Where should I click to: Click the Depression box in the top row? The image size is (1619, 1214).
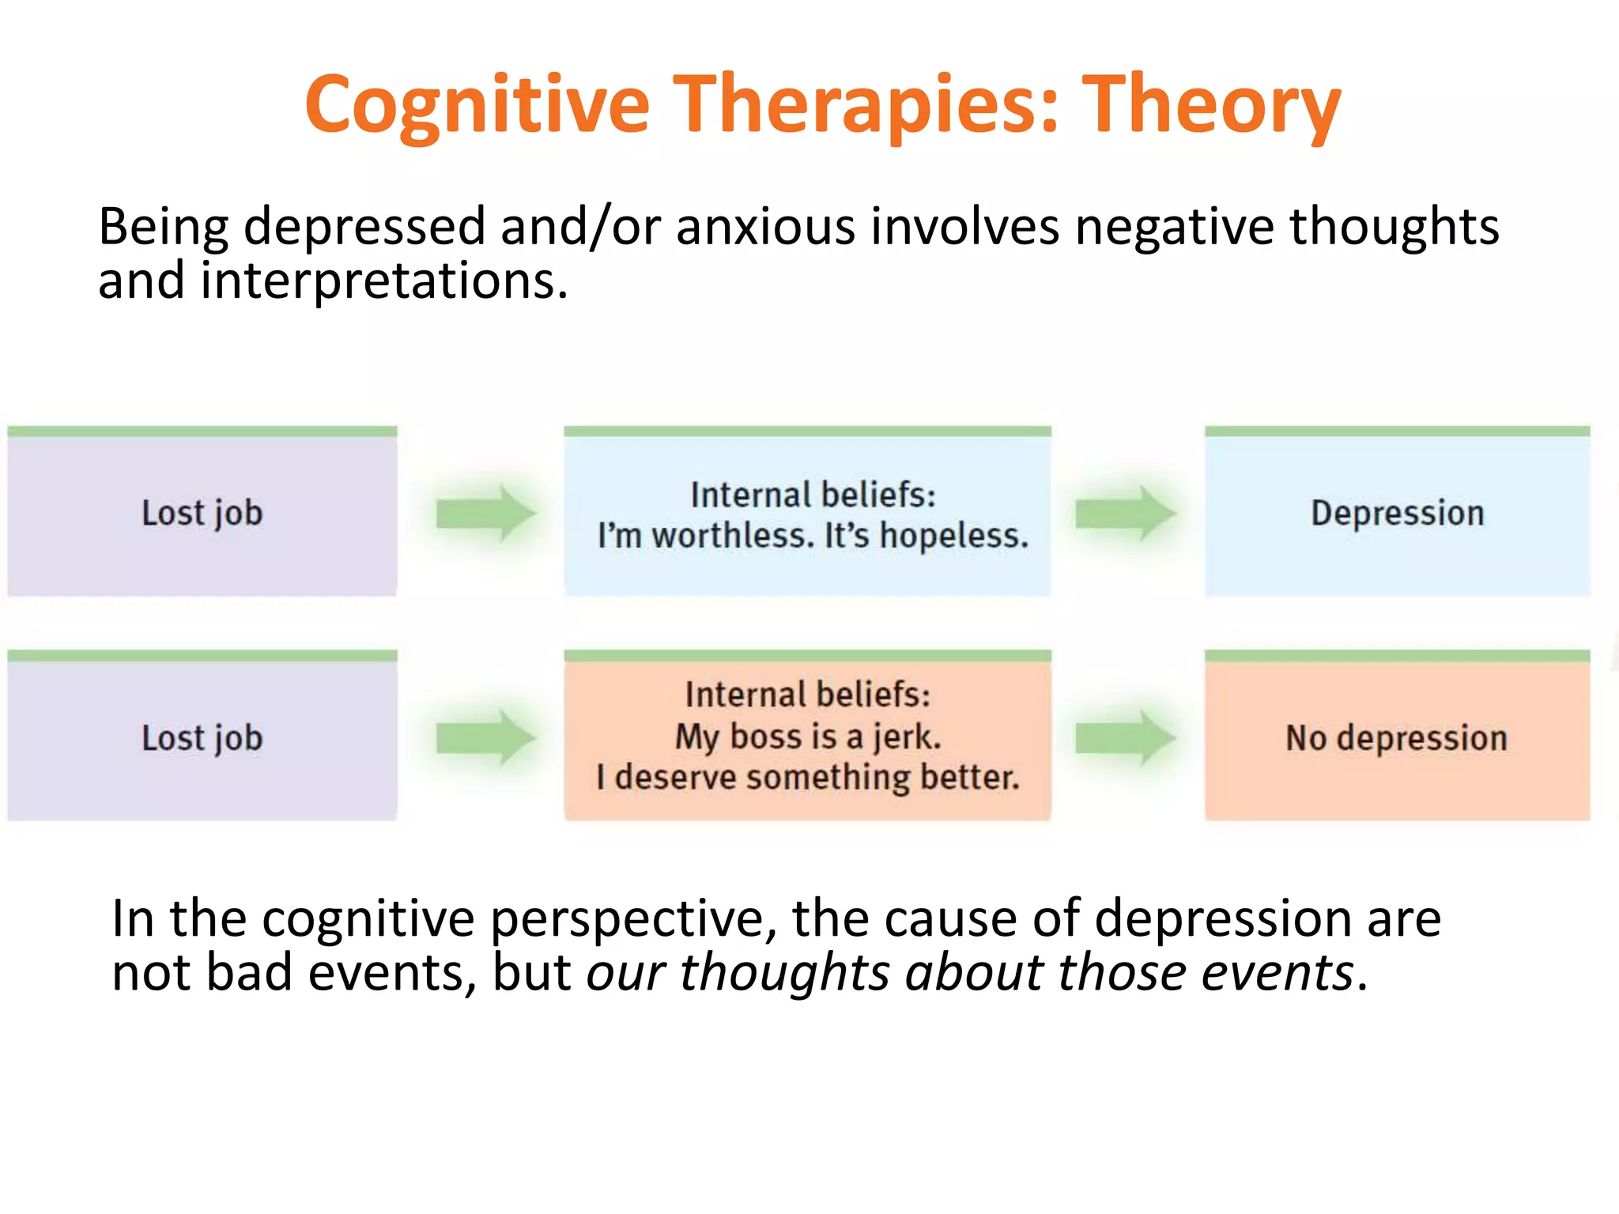pyautogui.click(x=1397, y=513)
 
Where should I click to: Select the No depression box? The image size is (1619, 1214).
pyautogui.click(x=1397, y=737)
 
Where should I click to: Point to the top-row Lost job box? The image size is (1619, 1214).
pyautogui.click(x=202, y=513)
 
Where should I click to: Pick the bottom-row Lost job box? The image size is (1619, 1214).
pyautogui.click(x=202, y=737)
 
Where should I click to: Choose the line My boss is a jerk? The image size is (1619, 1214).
pyautogui.click(x=808, y=737)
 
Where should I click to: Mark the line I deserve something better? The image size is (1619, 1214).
pyautogui.click(x=808, y=778)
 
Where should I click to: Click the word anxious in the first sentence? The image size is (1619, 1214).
pyautogui.click(x=765, y=227)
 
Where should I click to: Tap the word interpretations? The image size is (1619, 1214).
pyautogui.click(x=384, y=281)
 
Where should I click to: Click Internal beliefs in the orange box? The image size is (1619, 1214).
pyautogui.click(x=808, y=695)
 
